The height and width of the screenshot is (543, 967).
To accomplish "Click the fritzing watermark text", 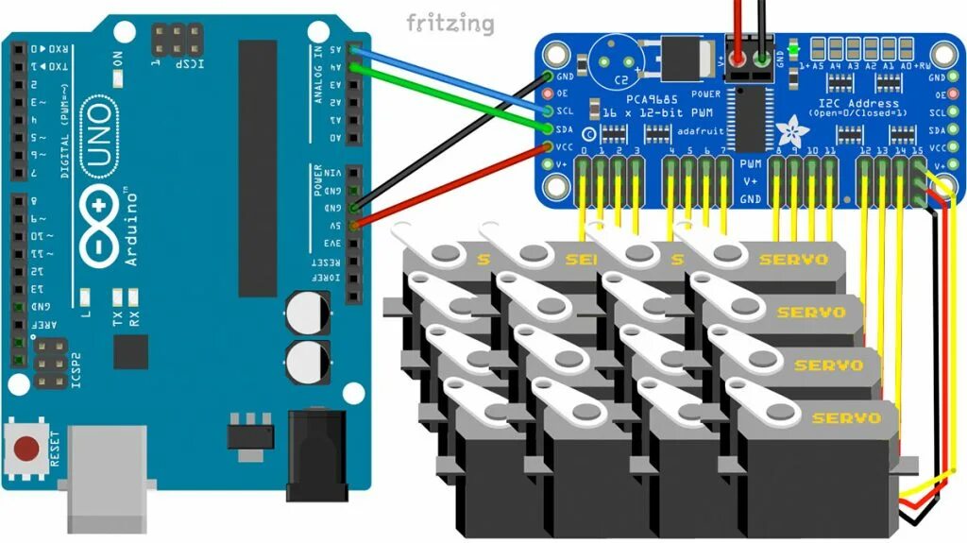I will tap(450, 23).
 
